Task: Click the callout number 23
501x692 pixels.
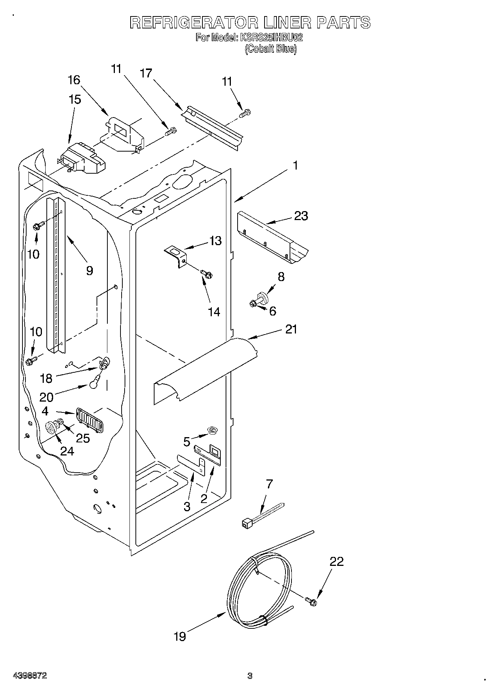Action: (301, 216)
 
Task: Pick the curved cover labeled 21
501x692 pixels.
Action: (206, 371)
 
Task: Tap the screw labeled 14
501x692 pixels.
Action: (206, 274)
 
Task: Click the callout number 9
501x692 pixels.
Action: (89, 270)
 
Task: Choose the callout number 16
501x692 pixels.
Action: (74, 80)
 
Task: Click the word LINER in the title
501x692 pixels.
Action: (287, 22)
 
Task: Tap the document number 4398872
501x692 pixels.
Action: (30, 676)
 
